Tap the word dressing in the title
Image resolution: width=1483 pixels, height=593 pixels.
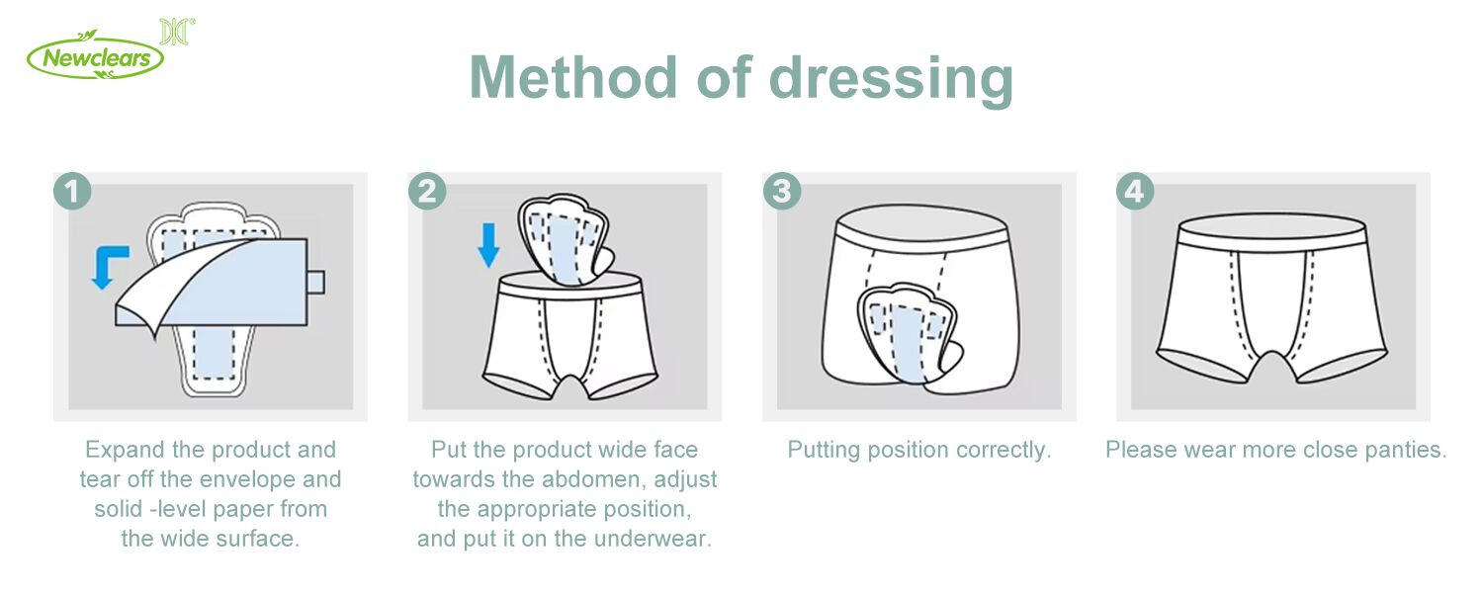pyautogui.click(x=891, y=79)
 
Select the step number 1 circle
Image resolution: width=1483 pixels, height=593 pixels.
pyautogui.click(x=72, y=192)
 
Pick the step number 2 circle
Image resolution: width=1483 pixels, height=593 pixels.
pyautogui.click(x=427, y=192)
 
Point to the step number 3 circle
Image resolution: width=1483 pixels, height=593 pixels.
pyautogui.click(x=782, y=192)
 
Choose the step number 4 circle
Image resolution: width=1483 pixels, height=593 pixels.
pyautogui.click(x=1135, y=192)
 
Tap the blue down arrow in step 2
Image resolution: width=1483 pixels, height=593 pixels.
pyautogui.click(x=488, y=245)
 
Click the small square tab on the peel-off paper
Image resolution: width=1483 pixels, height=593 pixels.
pyautogui.click(x=315, y=282)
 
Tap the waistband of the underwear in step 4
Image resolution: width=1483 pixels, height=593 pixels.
pyautogui.click(x=1271, y=229)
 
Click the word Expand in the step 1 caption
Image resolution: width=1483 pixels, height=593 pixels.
pyautogui.click(x=126, y=450)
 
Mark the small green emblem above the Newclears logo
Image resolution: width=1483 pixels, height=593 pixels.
pyautogui.click(x=177, y=31)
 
